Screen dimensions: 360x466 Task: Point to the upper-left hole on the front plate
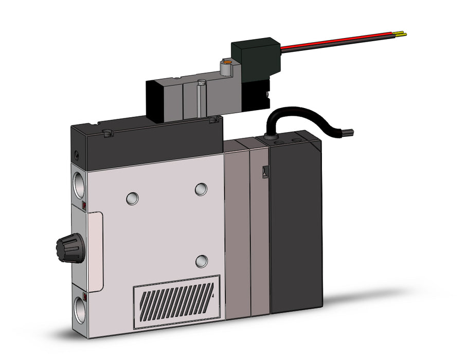[132, 197]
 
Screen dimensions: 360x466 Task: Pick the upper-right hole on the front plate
[201, 189]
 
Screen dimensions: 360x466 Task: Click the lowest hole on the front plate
[202, 261]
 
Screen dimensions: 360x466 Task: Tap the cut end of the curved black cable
[351, 133]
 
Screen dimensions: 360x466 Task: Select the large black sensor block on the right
[296, 221]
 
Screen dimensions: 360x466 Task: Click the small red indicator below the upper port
[84, 206]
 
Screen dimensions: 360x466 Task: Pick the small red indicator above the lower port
[84, 296]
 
